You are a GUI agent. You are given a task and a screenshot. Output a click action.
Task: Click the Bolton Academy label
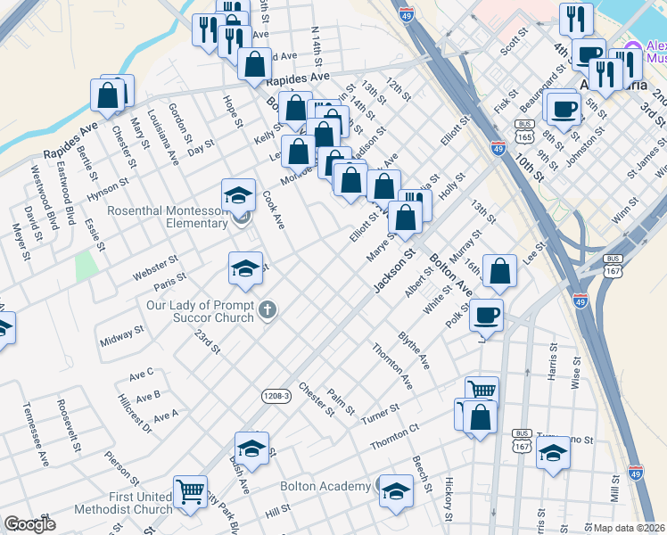point(325,486)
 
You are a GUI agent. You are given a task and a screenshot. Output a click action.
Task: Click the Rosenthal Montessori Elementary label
point(168,217)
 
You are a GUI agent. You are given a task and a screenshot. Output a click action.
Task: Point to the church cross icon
point(267,310)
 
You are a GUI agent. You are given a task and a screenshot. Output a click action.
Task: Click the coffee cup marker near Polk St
point(487,315)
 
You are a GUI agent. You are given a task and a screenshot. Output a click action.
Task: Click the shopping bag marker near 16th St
point(501,273)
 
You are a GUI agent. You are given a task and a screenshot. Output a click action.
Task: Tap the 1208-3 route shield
point(276,394)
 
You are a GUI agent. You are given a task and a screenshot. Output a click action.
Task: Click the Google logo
point(29,525)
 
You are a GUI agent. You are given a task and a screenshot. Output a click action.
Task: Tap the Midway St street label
point(122,337)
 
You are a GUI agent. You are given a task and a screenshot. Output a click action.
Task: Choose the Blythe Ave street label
point(414,351)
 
